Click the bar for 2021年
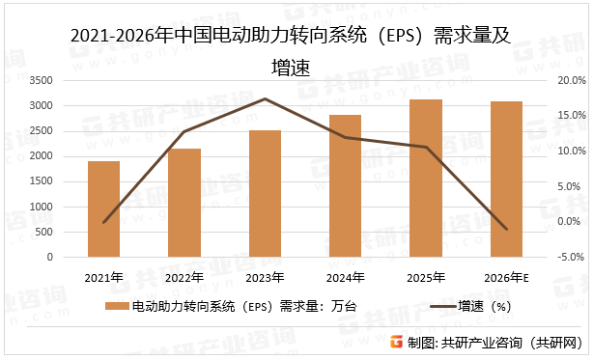(x=103, y=209)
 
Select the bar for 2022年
(x=184, y=204)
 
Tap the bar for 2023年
(x=265, y=194)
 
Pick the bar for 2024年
(x=345, y=186)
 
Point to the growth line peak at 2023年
(x=265, y=98)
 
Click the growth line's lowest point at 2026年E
(x=506, y=230)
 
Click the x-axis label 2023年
(x=265, y=278)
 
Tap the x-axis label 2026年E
(x=506, y=278)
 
